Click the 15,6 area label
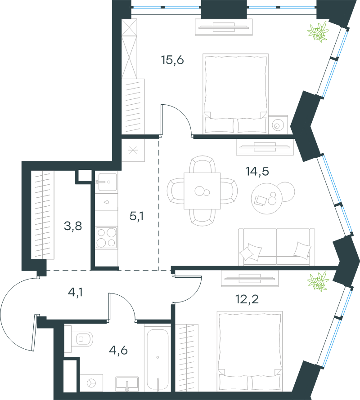tap(172, 60)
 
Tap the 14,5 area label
tap(257, 171)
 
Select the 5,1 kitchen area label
tap(137, 216)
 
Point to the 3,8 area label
tap(73, 226)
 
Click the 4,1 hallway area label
tap(75, 292)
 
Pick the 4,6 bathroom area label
tap(118, 350)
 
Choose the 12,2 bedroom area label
tap(247, 299)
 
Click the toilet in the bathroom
tap(79, 339)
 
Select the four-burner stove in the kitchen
tap(107, 238)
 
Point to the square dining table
tap(202, 191)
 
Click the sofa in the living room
tap(276, 247)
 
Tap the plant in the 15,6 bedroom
tap(318, 31)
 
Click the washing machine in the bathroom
tap(91, 383)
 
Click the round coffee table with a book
tap(267, 199)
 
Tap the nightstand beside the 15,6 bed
tap(278, 125)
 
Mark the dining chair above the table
tap(202, 164)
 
